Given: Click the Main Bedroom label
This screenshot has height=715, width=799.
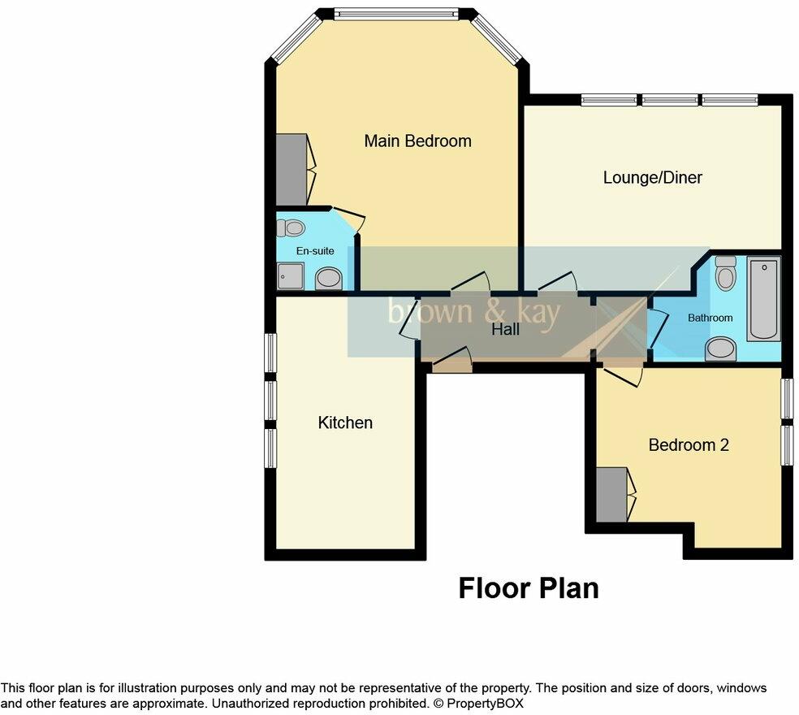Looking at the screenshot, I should (417, 141).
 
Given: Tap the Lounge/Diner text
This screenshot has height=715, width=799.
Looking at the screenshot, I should (652, 177).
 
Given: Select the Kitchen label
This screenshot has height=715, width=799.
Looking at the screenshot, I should (345, 422).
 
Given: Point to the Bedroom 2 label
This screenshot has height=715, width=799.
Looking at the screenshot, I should (689, 445).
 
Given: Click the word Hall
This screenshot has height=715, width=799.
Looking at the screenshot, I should (505, 330).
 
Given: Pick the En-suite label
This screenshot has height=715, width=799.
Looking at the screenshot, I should (314, 251).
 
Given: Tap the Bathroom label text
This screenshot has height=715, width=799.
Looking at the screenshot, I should (710, 318).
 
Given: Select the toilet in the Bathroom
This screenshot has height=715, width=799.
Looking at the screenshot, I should (725, 273).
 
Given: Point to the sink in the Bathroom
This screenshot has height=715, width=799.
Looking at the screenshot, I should (720, 349).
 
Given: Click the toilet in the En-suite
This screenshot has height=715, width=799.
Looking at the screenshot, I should (290, 228).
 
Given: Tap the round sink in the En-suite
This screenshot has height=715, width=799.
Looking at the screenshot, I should (328, 279).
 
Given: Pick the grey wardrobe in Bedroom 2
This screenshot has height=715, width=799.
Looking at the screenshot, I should (611, 495).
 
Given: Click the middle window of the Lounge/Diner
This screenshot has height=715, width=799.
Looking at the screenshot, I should (670, 101).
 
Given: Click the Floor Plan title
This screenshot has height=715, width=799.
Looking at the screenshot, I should (529, 588).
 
